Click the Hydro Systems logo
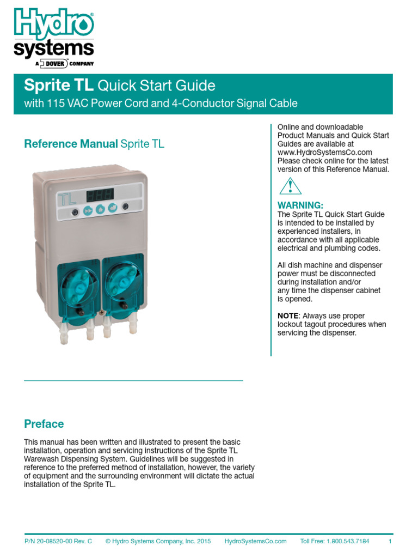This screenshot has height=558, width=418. coord(53,36)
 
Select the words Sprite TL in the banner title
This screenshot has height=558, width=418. coord(59,86)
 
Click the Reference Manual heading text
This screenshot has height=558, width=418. coord(71,144)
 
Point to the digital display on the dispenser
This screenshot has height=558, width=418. coord(100,195)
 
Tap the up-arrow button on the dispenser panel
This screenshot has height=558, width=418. coord(100,209)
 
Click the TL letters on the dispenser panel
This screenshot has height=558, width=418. coord(67,199)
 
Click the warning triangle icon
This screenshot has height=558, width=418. coord(290,186)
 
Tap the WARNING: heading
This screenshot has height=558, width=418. coord(300,205)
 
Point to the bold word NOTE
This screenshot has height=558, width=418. coord(288,316)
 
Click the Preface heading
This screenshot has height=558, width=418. coord(44,424)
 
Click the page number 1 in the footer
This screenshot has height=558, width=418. coord(390,541)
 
